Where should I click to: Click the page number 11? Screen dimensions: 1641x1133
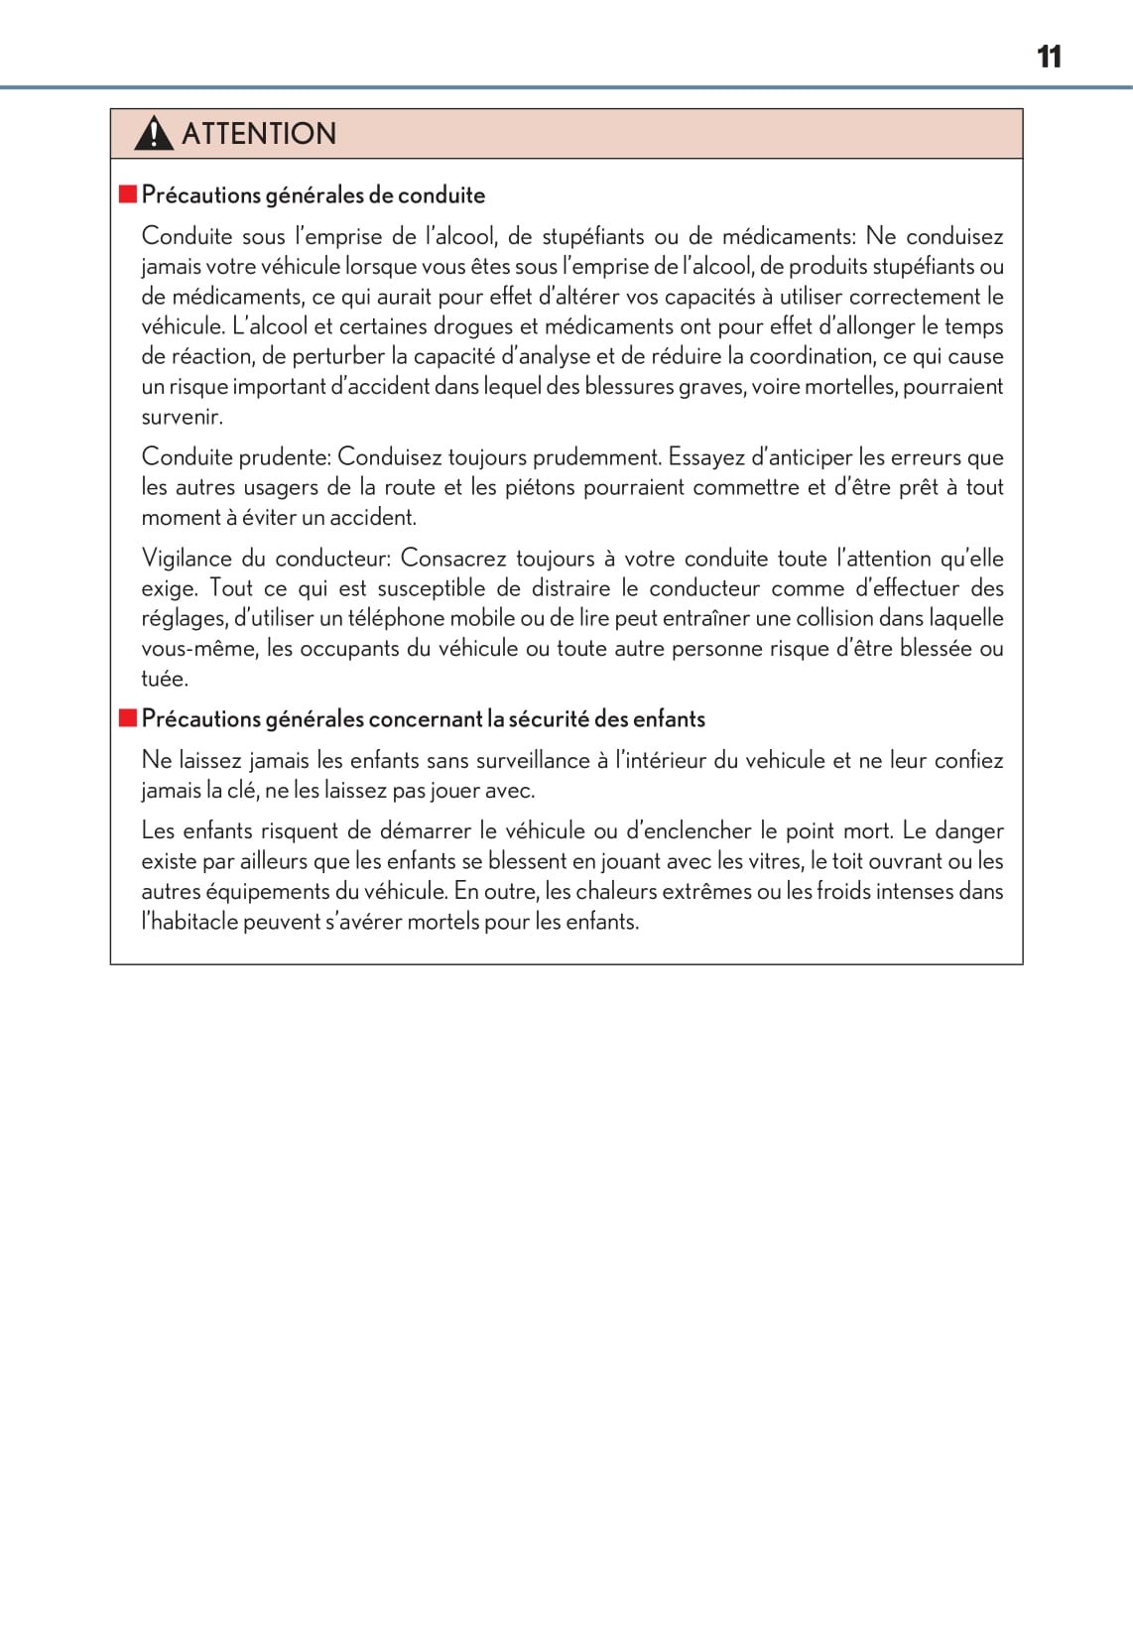pyautogui.click(x=1049, y=57)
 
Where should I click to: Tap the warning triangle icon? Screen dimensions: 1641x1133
pyautogui.click(x=154, y=133)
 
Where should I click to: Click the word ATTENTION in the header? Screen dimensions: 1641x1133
pyautogui.click(x=259, y=133)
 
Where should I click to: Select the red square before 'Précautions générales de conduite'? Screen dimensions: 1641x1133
pyautogui.click(x=127, y=193)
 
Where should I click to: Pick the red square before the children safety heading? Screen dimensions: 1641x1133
pyautogui.click(x=127, y=717)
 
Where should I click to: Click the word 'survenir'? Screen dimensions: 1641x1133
pyautogui.click(x=181, y=417)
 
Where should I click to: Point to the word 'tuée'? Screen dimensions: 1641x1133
pyautogui.click(x=163, y=679)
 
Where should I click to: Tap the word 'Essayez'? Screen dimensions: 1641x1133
pyautogui.click(x=705, y=457)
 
